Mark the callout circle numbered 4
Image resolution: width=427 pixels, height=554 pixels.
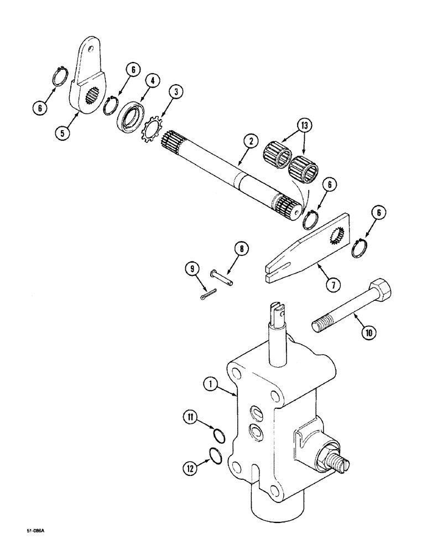tap(153, 81)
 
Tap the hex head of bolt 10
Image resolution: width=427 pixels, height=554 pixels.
tap(381, 289)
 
